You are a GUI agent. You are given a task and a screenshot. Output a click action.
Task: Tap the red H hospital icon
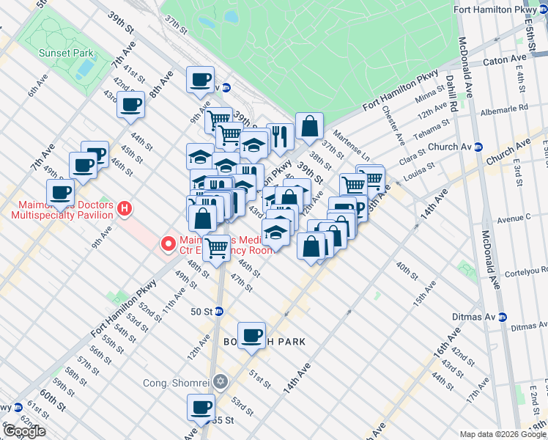[125, 209]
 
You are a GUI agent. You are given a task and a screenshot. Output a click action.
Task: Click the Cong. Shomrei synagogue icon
[221, 382]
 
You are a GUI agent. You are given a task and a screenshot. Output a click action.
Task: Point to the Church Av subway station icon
[478, 147]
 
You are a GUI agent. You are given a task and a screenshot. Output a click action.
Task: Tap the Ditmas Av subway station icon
[502, 317]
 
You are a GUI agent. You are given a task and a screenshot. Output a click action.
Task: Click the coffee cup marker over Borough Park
[252, 337]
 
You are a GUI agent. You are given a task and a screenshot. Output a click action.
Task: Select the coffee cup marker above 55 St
[201, 408]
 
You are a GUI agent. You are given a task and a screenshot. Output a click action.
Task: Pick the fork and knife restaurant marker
[280, 136]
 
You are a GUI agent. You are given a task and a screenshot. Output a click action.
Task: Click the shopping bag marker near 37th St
[309, 126]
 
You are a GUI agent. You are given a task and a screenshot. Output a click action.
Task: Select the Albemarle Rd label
[503, 109]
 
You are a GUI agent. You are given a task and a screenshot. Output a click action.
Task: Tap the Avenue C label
[513, 218]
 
